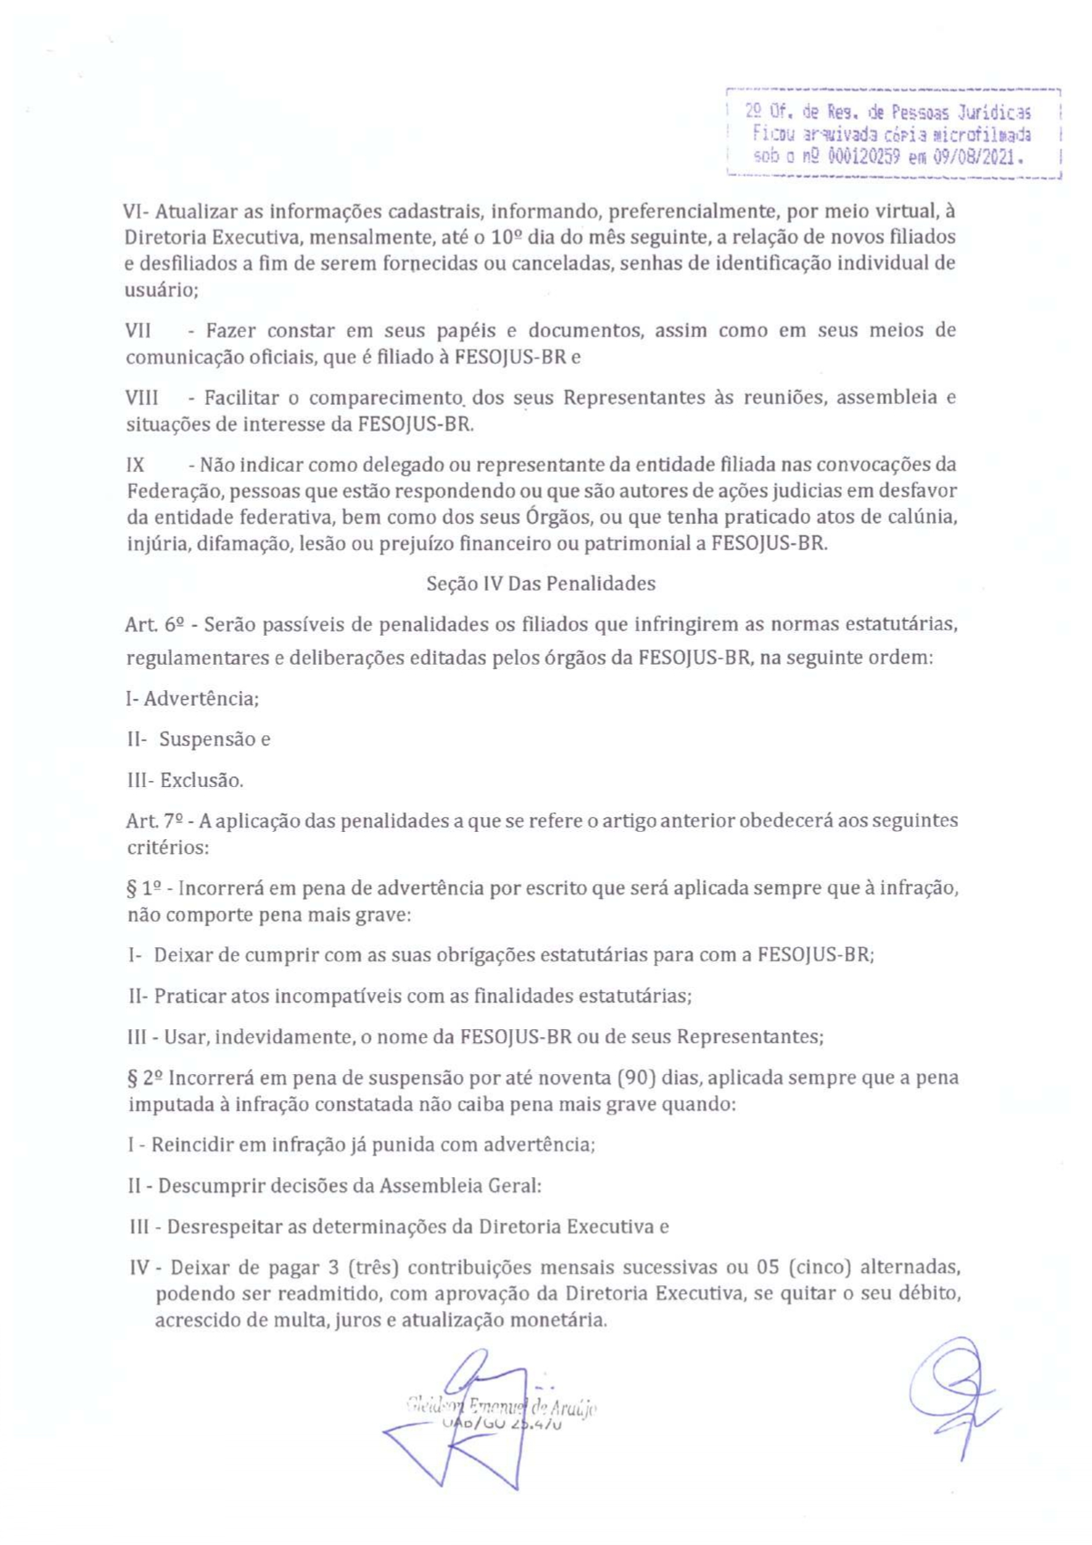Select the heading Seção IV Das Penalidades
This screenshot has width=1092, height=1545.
point(541,584)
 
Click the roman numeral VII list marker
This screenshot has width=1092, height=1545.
point(138,331)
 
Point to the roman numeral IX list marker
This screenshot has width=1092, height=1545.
point(135,465)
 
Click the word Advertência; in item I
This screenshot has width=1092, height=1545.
point(202,699)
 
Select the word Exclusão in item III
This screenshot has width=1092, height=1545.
point(202,780)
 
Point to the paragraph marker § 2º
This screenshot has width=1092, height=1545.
point(145,1078)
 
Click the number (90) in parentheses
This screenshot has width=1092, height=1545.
point(635,1078)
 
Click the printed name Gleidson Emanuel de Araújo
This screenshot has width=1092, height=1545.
point(501,1406)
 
